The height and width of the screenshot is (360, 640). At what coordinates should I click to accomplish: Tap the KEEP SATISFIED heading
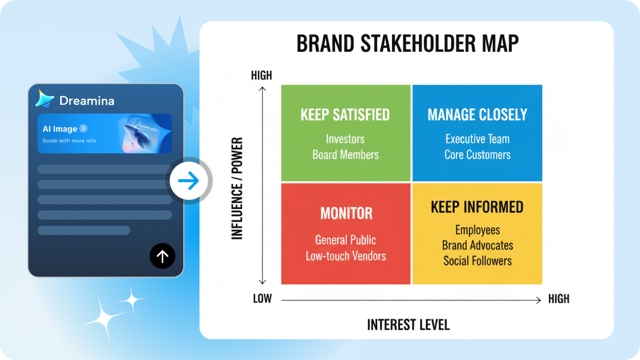345,115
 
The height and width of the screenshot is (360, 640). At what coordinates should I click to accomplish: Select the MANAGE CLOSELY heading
477,115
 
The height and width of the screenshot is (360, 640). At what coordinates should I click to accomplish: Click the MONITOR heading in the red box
346,214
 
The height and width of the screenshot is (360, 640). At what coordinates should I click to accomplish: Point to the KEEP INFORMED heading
477,207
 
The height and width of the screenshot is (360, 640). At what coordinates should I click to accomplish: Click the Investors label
345,139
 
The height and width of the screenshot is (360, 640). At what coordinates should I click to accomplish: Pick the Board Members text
345,155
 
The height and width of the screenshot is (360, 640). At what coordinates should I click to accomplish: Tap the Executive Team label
477,139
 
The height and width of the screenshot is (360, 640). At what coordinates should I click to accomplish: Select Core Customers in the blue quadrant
477,155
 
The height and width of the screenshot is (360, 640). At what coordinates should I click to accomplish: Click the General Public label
345,241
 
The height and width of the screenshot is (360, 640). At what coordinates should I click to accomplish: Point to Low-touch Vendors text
346,256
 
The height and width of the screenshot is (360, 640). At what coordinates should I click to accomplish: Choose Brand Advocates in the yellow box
477,246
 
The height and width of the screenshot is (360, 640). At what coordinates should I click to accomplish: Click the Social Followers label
477,261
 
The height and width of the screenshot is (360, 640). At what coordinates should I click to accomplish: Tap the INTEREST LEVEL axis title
408,325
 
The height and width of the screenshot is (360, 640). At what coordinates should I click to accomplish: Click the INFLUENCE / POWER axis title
237,188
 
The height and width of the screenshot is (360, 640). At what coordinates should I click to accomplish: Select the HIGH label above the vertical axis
261,75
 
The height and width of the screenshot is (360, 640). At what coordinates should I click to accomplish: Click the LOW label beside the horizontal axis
262,299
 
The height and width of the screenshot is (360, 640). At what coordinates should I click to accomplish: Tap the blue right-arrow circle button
188,181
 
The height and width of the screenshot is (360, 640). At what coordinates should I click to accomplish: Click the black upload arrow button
163,256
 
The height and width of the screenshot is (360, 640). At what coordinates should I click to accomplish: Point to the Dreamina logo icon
45,99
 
